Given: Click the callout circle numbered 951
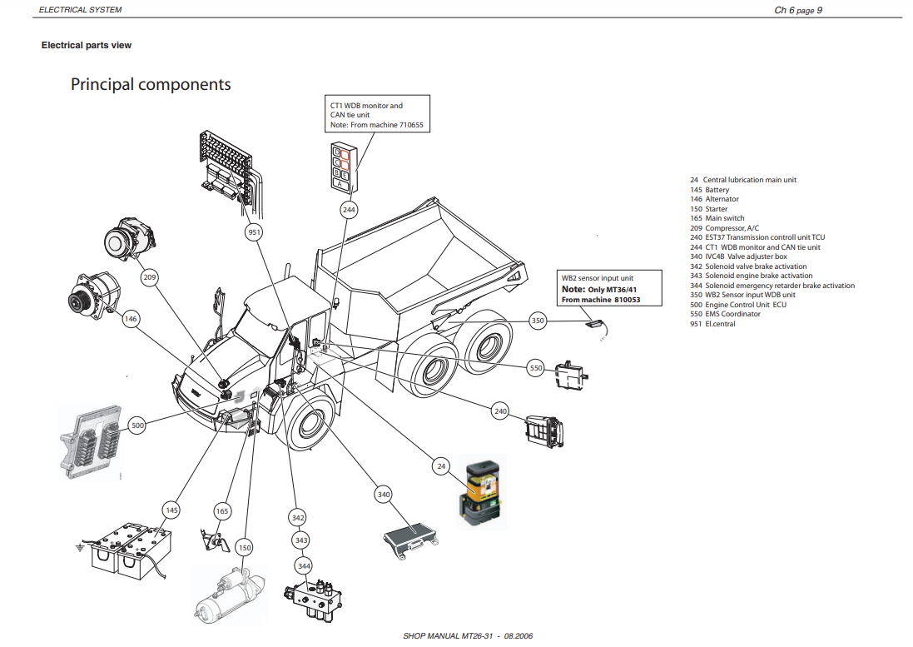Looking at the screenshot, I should [255, 233].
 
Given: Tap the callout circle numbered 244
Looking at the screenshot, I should [349, 210].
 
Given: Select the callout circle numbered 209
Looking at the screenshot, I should [150, 276].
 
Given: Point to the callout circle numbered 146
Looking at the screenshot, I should [131, 318].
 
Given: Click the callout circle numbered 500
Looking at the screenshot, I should [138, 426].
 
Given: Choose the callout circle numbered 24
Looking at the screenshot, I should [441, 467].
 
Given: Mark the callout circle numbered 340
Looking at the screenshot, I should [384, 495].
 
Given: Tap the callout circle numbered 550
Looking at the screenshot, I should [536, 367].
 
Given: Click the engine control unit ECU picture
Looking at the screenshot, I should [92, 440].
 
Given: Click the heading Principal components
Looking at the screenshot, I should [151, 84].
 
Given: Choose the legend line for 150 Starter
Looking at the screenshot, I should [709, 209].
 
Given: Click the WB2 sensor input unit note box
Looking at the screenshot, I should [611, 288].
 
